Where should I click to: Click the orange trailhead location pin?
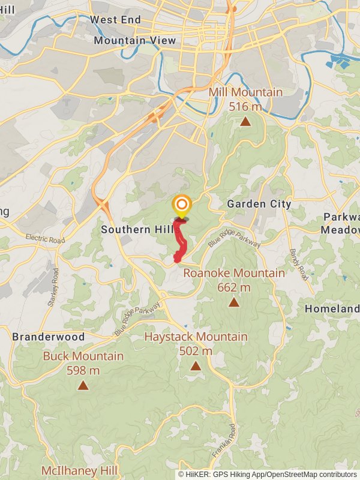[x=181, y=205]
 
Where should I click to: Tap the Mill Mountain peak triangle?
[x=245, y=122]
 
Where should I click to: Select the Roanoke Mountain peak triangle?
[x=234, y=302]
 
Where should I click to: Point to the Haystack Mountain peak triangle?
[x=196, y=366]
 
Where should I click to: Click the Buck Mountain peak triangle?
[x=83, y=385]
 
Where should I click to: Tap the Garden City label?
[x=259, y=204]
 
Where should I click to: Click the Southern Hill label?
[x=137, y=229]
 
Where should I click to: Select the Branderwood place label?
[x=49, y=337]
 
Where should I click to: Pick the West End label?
[x=115, y=20]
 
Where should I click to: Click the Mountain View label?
[x=135, y=41]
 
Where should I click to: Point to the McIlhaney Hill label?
[x=79, y=470]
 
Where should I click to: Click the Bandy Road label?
[x=298, y=265]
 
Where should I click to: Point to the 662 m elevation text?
[x=233, y=287]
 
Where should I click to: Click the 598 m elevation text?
[x=83, y=370]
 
